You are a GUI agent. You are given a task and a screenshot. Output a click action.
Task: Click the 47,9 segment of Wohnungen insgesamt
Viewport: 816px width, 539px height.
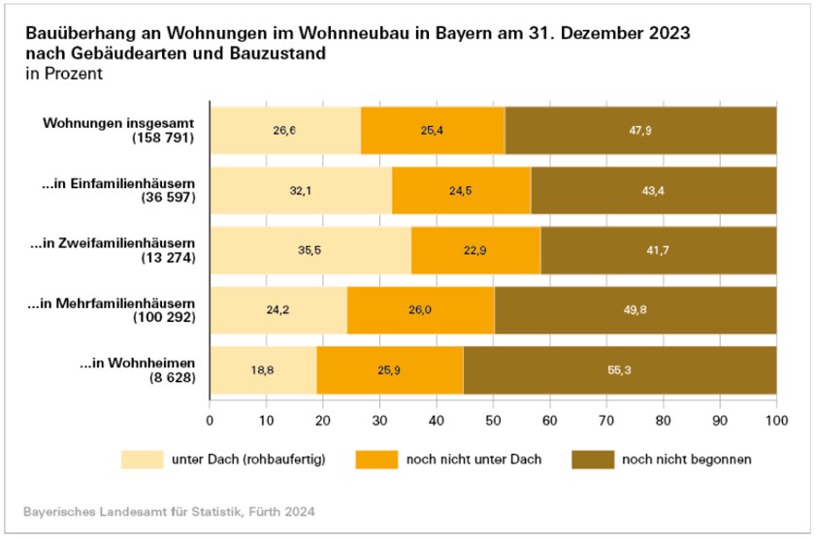point(640,130)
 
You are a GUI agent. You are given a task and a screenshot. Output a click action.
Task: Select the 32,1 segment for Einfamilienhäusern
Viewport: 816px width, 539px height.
point(301,190)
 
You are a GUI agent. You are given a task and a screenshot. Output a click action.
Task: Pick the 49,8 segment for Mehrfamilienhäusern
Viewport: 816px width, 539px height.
point(636,310)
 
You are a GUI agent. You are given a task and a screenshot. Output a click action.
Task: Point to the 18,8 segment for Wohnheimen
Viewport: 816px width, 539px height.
point(263,370)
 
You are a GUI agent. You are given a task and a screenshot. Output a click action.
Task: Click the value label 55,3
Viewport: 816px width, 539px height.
point(620,370)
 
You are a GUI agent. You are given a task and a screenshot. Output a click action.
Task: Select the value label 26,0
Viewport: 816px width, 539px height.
point(421,310)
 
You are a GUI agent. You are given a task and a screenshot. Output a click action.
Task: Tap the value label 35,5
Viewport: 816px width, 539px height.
point(310,250)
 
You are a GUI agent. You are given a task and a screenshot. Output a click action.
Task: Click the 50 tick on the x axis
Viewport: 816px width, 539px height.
point(493,421)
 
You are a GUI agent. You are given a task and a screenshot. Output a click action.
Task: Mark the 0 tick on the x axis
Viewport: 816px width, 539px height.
point(211,421)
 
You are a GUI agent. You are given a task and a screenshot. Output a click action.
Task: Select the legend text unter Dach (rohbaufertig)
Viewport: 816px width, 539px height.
point(247,459)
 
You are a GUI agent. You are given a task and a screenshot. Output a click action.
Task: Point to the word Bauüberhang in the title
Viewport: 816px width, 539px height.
point(74,33)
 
